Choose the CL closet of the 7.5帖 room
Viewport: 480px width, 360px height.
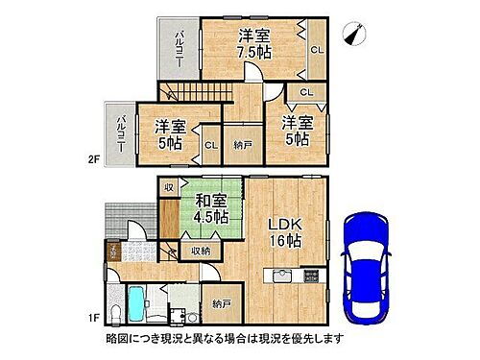pos(315,49)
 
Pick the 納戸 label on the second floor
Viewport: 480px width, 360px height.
pos(243,144)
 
